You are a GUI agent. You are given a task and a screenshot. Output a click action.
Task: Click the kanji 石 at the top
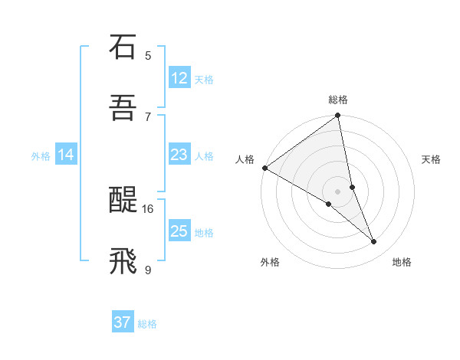click(123, 47)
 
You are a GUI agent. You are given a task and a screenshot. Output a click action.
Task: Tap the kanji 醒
click(123, 201)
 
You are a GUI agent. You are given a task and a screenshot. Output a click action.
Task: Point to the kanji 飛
click(123, 262)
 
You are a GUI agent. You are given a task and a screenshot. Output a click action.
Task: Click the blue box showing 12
click(179, 78)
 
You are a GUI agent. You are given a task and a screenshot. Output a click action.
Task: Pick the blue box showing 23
click(179, 155)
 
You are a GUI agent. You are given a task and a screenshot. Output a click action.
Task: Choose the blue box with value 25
click(179, 231)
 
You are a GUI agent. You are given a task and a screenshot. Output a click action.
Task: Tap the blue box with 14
click(66, 155)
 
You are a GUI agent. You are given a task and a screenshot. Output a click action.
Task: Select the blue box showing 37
click(123, 323)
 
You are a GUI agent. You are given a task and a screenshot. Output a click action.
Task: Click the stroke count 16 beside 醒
click(148, 208)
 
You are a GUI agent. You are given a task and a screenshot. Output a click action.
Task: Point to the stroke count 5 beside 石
click(148, 55)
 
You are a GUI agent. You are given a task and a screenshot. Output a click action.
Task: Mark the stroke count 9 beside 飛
click(148, 270)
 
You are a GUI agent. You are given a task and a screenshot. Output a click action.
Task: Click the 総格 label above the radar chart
click(338, 100)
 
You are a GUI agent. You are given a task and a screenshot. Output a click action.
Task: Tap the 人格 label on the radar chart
click(245, 159)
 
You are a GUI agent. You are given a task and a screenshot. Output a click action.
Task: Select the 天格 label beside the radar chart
click(432, 159)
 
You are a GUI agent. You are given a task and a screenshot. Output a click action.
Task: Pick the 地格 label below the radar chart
click(402, 262)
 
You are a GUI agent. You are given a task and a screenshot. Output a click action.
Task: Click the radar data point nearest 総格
click(338, 116)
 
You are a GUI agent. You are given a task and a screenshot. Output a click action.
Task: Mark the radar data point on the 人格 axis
click(264, 168)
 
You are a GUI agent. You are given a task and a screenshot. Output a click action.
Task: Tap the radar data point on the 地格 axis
click(374, 242)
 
